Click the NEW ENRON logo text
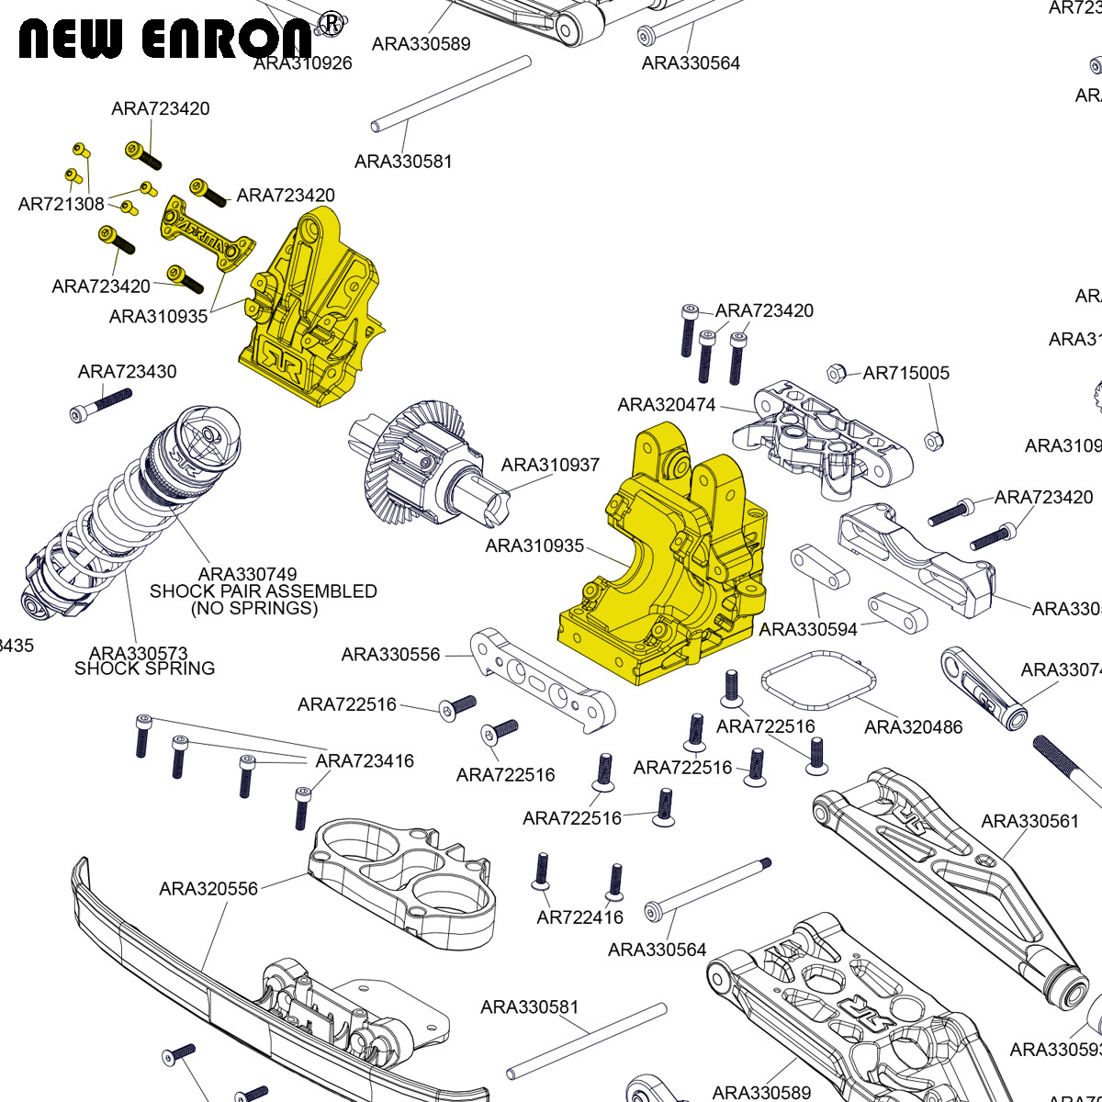[x=165, y=39]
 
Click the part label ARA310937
[x=550, y=465]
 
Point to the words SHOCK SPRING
[x=144, y=669]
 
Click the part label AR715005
[x=905, y=373]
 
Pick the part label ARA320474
[x=666, y=404]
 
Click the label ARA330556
[x=390, y=654]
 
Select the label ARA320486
[x=913, y=726]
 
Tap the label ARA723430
[x=127, y=371]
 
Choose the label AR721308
[x=61, y=204]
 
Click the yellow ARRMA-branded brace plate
[x=206, y=234]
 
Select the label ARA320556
[x=208, y=888]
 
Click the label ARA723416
[x=365, y=760]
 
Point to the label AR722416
[x=579, y=916]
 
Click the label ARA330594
[x=808, y=629]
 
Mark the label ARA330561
[x=1029, y=820]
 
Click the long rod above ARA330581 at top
[x=451, y=93]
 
